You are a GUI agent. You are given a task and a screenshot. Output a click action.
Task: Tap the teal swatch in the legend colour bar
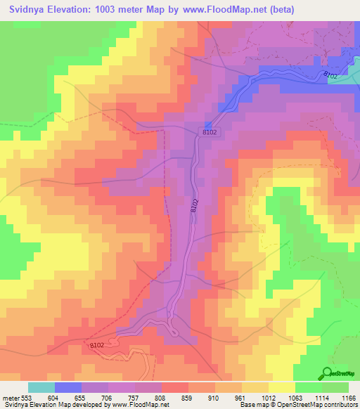(x=41, y=387)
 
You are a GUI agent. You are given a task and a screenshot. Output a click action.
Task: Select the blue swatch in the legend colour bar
(x=68, y=387)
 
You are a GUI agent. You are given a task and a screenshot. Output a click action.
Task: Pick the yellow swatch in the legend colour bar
(x=281, y=387)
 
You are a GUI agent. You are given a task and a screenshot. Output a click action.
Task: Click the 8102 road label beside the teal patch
(x=330, y=74)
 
